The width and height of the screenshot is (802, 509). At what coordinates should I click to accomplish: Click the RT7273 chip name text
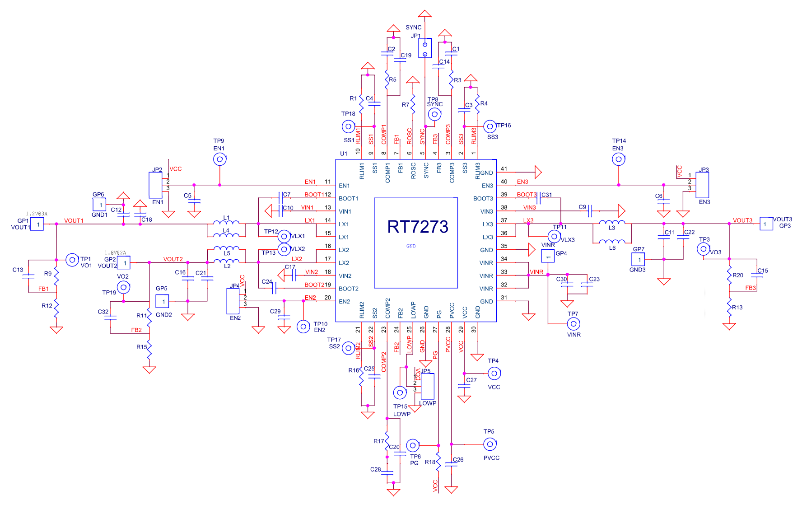click(418, 227)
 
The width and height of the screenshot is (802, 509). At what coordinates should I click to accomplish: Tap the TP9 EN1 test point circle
click(219, 159)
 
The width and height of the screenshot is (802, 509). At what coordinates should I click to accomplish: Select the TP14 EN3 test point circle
click(619, 159)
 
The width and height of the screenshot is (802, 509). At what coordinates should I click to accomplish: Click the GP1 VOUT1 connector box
click(37, 224)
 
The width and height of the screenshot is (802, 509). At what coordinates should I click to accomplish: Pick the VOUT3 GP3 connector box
click(766, 224)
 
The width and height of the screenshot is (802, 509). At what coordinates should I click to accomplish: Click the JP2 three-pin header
click(155, 184)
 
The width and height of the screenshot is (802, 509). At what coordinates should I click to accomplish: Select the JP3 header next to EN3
click(702, 185)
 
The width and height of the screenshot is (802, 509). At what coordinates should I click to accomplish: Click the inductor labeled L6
click(612, 242)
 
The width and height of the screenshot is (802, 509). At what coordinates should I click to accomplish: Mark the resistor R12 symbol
click(56, 306)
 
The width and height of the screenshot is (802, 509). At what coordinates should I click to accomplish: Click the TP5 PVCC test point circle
click(490, 444)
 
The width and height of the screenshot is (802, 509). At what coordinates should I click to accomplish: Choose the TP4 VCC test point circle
click(494, 374)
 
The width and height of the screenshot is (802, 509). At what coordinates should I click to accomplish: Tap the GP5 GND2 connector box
click(162, 301)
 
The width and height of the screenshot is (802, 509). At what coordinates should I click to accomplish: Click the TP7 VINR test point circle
click(574, 324)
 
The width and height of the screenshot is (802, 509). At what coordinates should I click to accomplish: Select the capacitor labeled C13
click(28, 276)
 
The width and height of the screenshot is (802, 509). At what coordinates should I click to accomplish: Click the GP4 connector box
click(548, 256)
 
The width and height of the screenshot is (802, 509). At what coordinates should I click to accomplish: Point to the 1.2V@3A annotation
click(37, 214)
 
